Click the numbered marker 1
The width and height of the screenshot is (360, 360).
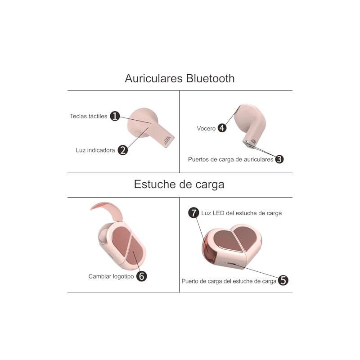pyautogui.click(x=115, y=116)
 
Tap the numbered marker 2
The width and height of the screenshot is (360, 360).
pyautogui.click(x=123, y=150)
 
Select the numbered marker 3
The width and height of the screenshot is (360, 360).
pyautogui.click(x=279, y=159)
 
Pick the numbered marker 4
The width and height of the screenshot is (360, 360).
pyautogui.click(x=222, y=128)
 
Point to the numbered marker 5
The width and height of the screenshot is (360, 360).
pyautogui.click(x=283, y=280)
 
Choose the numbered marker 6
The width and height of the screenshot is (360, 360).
pyautogui.click(x=141, y=276)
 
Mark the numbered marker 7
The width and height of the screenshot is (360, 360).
pyautogui.click(x=193, y=212)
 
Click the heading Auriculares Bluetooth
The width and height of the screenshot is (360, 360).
pyautogui.click(x=180, y=78)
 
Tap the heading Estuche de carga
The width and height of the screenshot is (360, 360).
pyautogui.click(x=179, y=184)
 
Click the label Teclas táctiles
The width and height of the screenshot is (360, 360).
pyautogui.click(x=89, y=116)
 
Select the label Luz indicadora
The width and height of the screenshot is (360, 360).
pyautogui.click(x=95, y=150)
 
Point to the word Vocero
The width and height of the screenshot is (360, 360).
pyautogui.click(x=206, y=128)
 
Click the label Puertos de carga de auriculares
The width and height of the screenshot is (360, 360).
pyautogui.click(x=230, y=159)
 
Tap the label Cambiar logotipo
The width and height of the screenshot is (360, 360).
pyautogui.click(x=111, y=276)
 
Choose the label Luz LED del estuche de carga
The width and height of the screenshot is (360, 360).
pyautogui.click(x=242, y=213)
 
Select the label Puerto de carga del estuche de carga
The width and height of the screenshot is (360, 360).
pyautogui.click(x=229, y=281)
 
